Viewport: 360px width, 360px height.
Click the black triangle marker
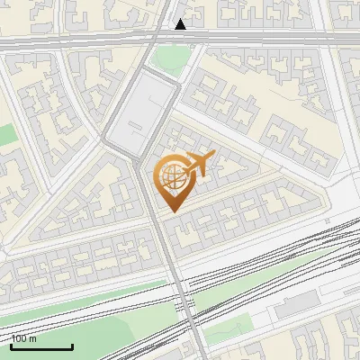[181, 24]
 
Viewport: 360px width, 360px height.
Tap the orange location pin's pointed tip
[172, 211]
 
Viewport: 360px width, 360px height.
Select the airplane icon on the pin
[199, 164]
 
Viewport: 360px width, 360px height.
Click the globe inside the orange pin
[171, 177]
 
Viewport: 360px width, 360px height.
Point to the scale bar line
[41, 347]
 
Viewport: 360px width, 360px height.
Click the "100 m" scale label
[24, 339]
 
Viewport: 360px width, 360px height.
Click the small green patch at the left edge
[7, 135]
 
